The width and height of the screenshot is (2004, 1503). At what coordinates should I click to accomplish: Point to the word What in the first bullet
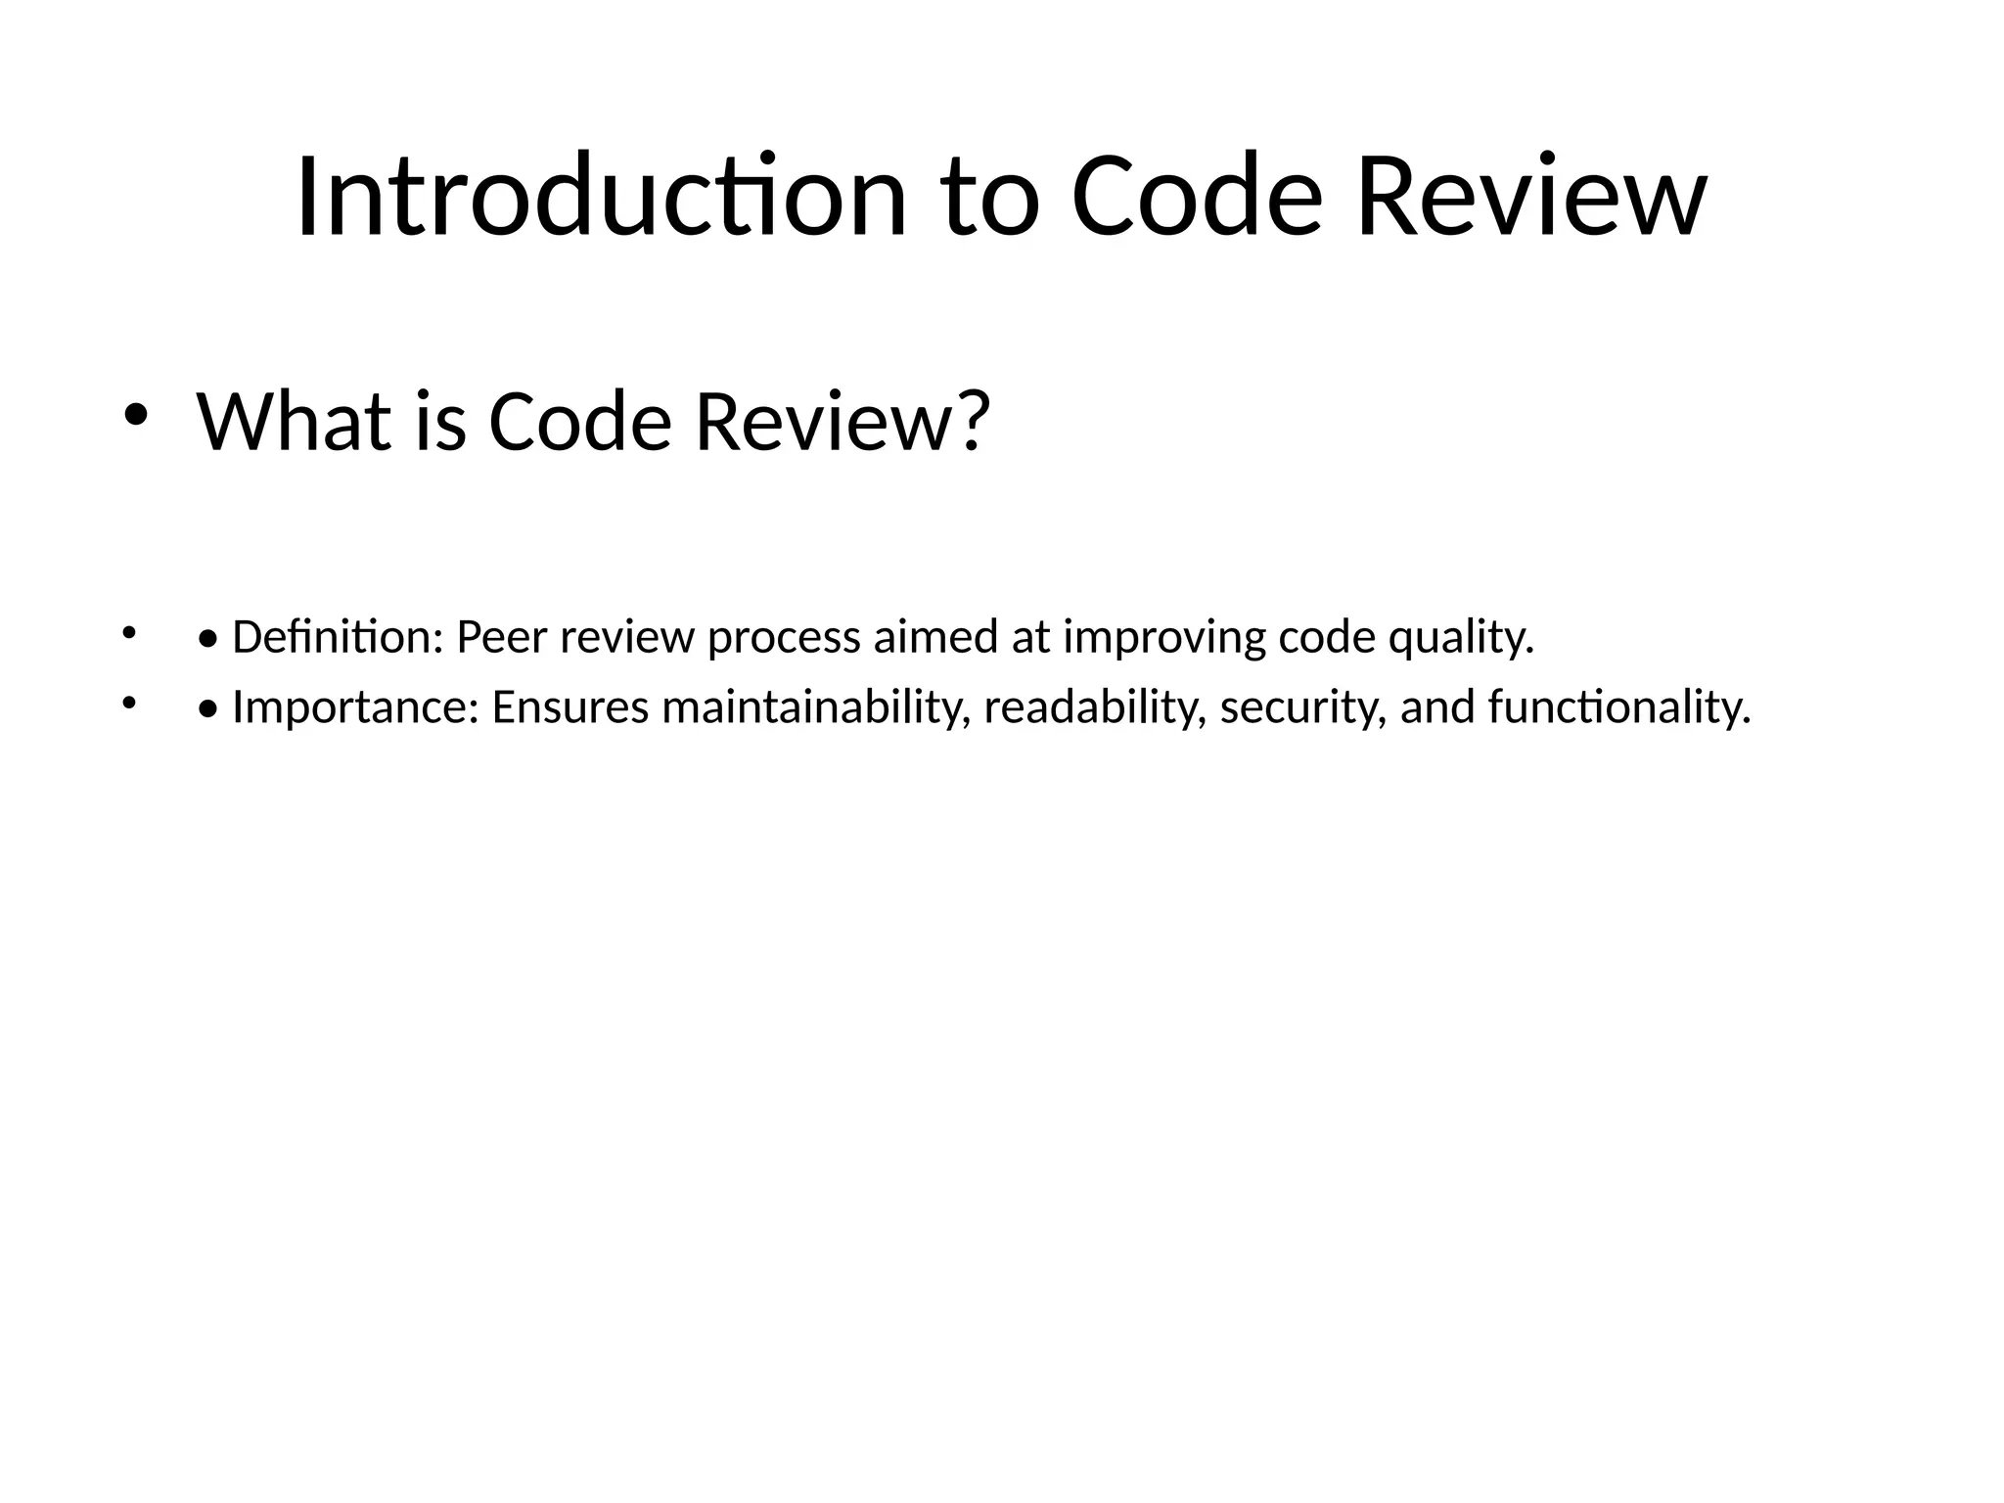pyautogui.click(x=296, y=422)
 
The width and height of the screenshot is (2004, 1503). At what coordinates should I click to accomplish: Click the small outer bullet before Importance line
pyautogui.click(x=126, y=702)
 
